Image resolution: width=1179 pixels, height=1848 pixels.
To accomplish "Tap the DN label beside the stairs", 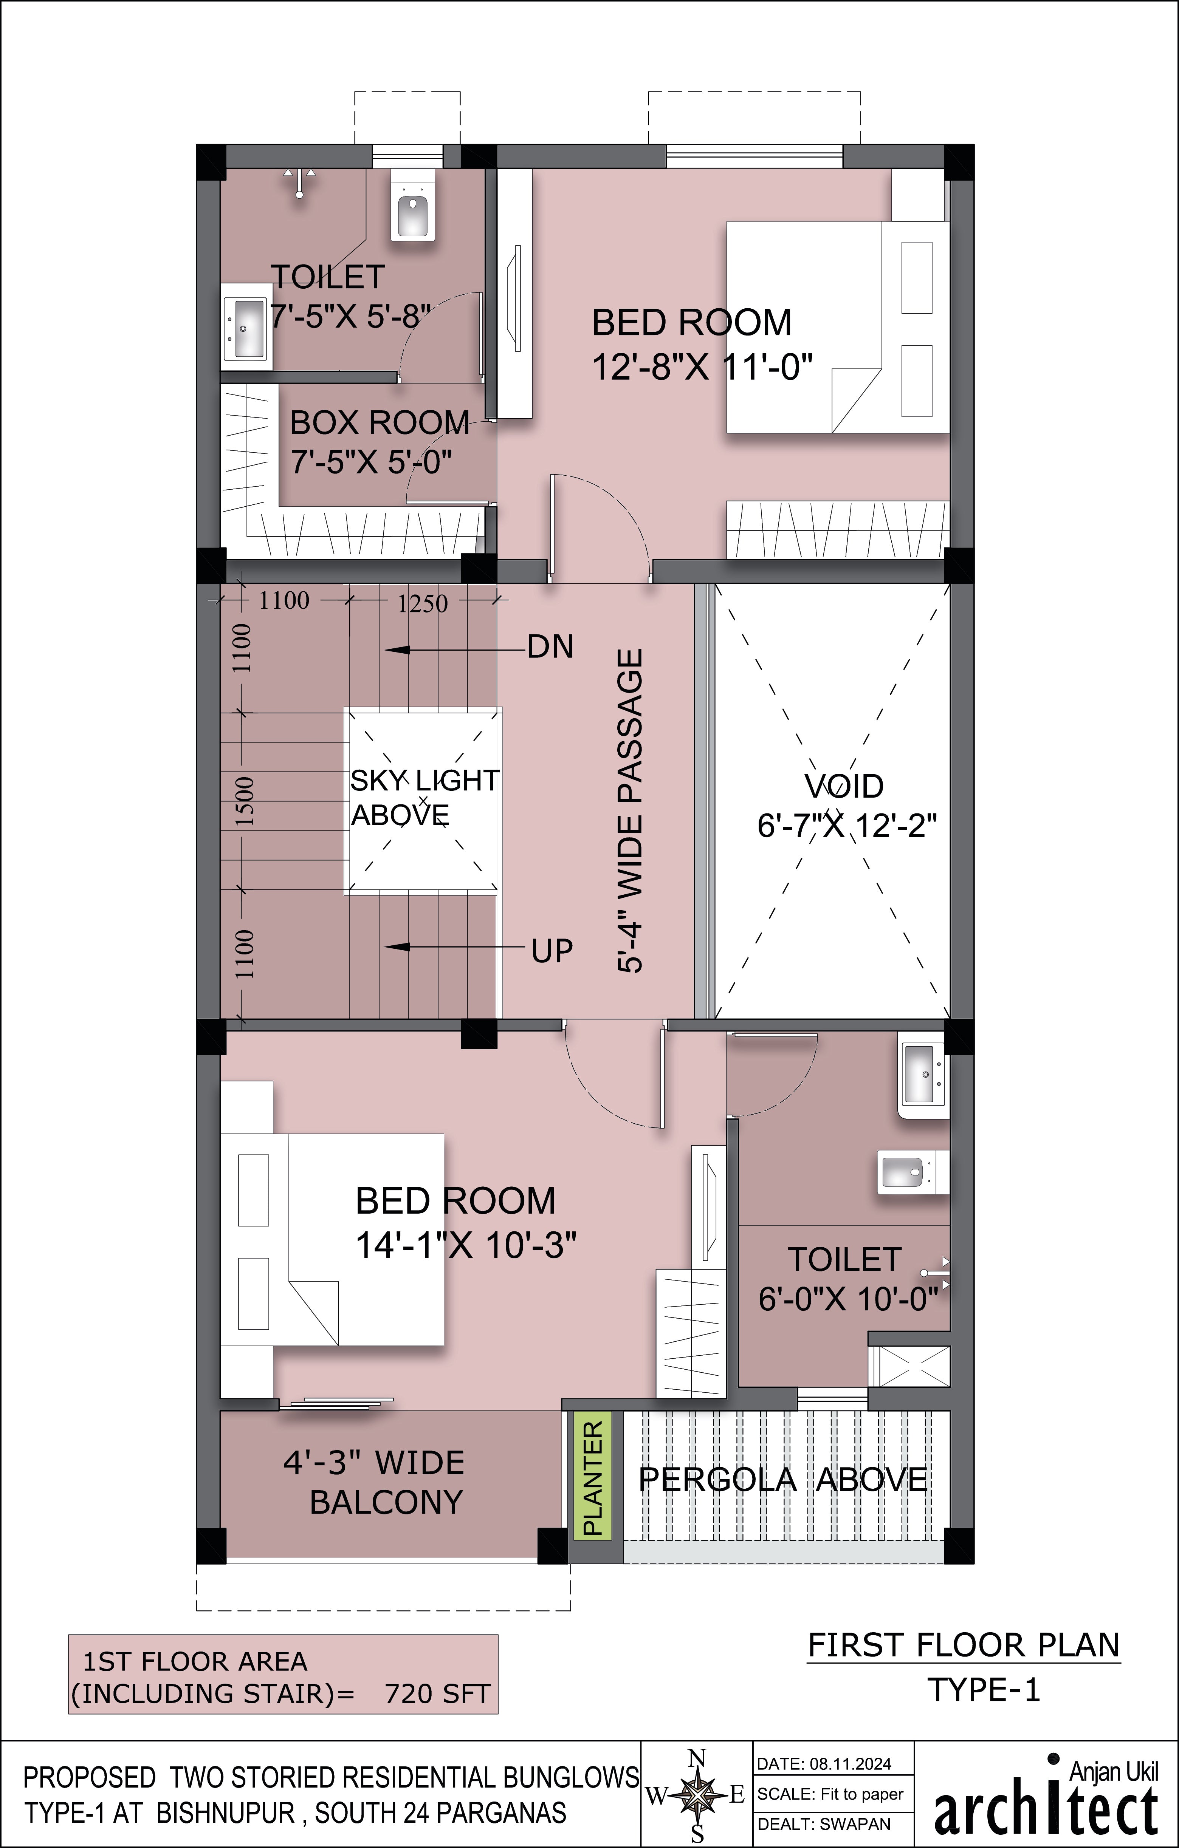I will point(550,647).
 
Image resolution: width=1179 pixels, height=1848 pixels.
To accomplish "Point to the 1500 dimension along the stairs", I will point(243,800).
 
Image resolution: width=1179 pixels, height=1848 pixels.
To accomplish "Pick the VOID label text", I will point(844,786).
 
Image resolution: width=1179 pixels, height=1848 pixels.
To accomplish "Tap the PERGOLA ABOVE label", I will point(783,1479).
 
